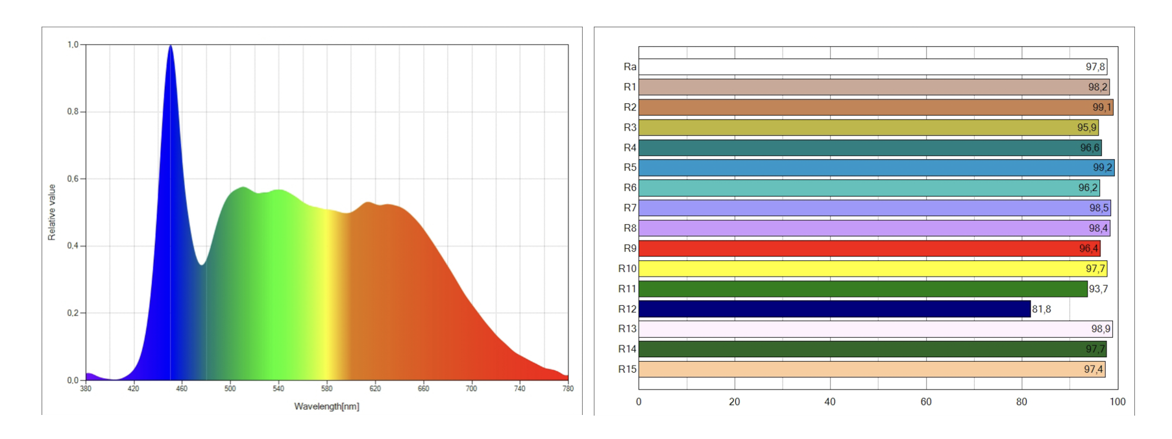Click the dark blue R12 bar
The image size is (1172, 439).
tap(834, 309)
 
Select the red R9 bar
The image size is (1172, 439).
tap(869, 249)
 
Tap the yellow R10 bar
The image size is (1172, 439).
tap(872, 269)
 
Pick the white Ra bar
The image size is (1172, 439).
tap(872, 67)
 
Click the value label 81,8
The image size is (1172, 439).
tap(1042, 309)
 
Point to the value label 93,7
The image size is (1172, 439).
tap(1098, 289)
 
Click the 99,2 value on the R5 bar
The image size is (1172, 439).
tap(1102, 168)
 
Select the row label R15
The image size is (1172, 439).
tap(627, 370)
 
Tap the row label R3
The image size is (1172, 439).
tap(629, 128)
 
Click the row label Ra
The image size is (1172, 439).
tap(629, 67)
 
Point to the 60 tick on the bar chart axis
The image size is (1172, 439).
tap(926, 402)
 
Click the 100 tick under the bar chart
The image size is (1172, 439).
tap(1117, 402)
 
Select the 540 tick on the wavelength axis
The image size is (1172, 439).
tap(278, 389)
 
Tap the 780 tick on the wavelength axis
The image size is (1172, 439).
tap(568, 389)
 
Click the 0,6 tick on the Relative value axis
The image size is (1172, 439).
tap(73, 179)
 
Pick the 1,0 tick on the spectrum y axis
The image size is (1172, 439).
tap(73, 45)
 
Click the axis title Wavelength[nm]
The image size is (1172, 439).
tap(326, 407)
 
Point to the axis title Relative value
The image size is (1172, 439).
tap(52, 212)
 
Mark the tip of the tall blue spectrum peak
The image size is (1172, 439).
tap(171, 45)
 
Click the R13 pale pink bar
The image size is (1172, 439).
tap(875, 329)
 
